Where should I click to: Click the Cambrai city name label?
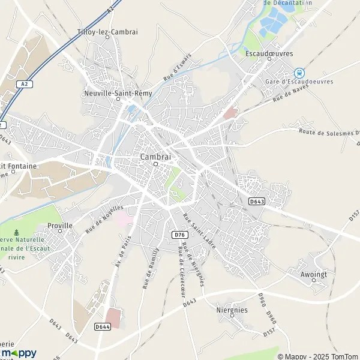155,157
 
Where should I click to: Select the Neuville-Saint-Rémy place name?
114,94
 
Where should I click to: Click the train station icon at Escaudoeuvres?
300,72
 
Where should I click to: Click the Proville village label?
59,226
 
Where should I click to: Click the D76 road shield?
179,234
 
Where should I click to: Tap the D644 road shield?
101,326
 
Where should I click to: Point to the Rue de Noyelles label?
104,217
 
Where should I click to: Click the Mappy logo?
18,353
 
